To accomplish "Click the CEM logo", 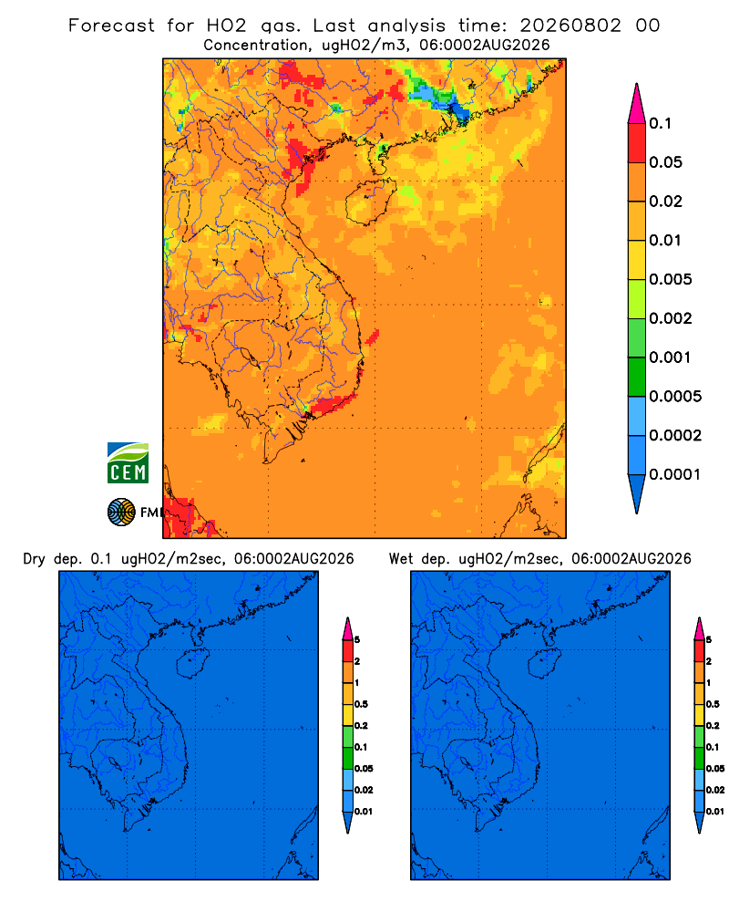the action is coord(128,463).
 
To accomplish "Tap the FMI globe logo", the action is coord(121,513).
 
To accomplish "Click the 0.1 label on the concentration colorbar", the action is coord(660,123).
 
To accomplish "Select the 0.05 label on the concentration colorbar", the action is coord(665,162).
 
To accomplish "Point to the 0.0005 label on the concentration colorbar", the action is coord(675,397).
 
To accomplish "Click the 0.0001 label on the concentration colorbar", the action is coord(675,474).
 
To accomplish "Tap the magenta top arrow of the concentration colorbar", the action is coord(637,103).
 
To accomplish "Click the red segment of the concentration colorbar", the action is coord(637,143).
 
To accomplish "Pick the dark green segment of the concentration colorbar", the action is coord(637,377).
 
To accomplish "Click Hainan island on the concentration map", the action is coord(370,202).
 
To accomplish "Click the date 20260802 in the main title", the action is coord(570,26).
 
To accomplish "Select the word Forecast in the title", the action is coord(111,26).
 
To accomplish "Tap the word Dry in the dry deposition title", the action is coord(35,559).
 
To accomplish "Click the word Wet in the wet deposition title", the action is coord(401,559).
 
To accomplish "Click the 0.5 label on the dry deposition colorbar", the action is coord(361,704).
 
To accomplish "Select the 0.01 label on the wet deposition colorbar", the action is coord(715,812).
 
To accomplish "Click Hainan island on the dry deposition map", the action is coord(192,663).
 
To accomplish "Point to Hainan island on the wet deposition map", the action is coord(544,663).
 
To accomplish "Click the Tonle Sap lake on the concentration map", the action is coord(248,357).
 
